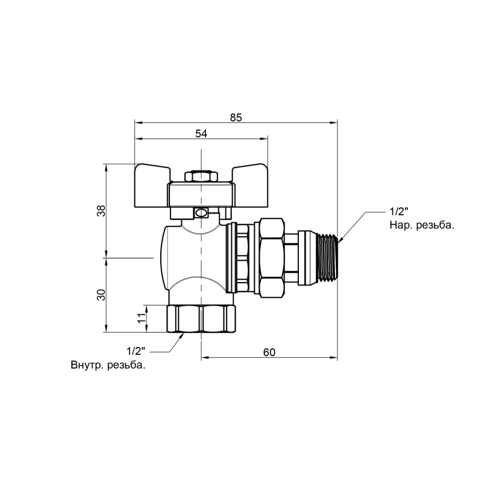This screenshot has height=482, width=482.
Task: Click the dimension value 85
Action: [x=236, y=117]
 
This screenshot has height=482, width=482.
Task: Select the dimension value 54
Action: [x=201, y=134]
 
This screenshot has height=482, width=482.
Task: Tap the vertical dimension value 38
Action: [x=102, y=210]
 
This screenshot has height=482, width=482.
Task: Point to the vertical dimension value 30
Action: [x=102, y=295]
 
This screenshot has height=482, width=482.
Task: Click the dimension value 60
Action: [x=269, y=352]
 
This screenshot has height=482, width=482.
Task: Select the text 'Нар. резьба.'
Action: [x=421, y=225]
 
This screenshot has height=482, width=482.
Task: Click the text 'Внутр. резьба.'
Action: [x=108, y=365]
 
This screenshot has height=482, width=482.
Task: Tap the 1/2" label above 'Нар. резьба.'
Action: [x=399, y=212]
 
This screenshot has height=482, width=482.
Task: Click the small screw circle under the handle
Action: [x=200, y=213]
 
